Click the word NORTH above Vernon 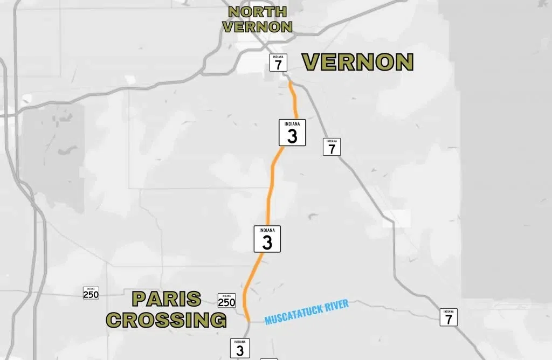pos(257,12)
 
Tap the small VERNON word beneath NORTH pos(257,27)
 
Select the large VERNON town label pos(357,63)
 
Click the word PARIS pos(167,299)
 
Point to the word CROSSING pos(166,320)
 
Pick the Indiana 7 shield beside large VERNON pos(278,63)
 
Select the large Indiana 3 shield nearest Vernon pos(292,133)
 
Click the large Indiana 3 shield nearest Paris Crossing pos(267,239)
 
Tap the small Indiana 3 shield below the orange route pos(240,348)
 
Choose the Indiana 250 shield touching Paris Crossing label pos(226,301)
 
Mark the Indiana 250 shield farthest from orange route pos(91,293)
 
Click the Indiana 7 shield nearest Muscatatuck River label pos(448,317)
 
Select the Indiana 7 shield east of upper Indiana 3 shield pos(332,147)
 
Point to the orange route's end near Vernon pos(290,82)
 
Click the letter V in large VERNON pos(311,63)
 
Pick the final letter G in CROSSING pos(218,320)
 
